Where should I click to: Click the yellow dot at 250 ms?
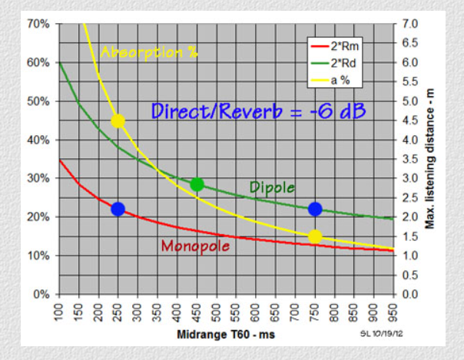coord(118,121)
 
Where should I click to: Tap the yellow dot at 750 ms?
coord(315,236)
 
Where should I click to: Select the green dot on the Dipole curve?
coord(197,184)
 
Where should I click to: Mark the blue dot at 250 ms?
coord(118,209)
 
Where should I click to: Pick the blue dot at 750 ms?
coord(315,209)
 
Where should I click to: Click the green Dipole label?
coord(273,187)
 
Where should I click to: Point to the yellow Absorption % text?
coord(149,52)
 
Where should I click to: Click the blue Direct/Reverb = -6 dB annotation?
coord(257,111)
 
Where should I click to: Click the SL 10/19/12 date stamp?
coord(375,335)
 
